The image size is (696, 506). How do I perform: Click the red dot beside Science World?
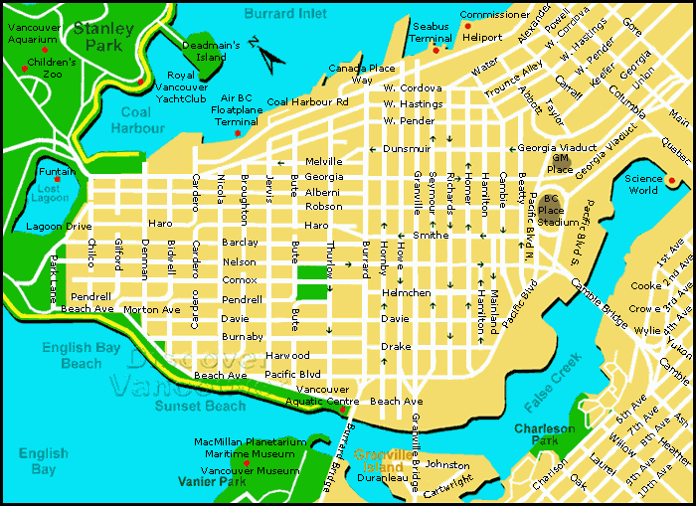pos(672,181)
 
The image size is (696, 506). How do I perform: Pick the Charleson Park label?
pos(544,434)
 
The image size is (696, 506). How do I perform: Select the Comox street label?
pos(240,280)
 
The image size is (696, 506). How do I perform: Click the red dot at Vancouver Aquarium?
pos(44,48)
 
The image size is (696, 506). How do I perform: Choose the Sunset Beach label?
pos(200,406)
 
